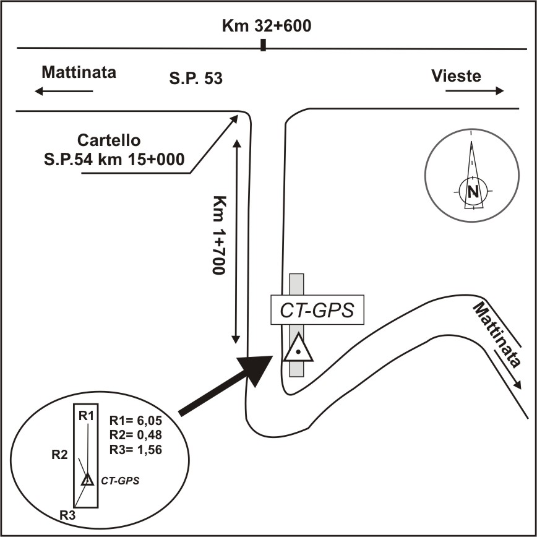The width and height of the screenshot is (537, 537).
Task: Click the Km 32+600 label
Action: point(267,27)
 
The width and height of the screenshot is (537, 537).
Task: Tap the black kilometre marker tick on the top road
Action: point(264,45)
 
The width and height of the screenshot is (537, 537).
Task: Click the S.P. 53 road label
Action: point(196,79)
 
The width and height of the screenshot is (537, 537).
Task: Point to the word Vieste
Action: point(456,75)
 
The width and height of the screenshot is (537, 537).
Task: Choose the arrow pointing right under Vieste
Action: point(474,91)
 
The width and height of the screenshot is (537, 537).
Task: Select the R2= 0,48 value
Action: point(135,434)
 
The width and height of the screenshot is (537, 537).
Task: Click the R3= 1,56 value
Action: point(135,450)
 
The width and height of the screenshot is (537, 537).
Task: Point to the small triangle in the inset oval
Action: point(88,479)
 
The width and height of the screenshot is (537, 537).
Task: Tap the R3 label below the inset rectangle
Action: point(67,514)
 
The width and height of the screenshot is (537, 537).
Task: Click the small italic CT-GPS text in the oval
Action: point(120,479)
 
